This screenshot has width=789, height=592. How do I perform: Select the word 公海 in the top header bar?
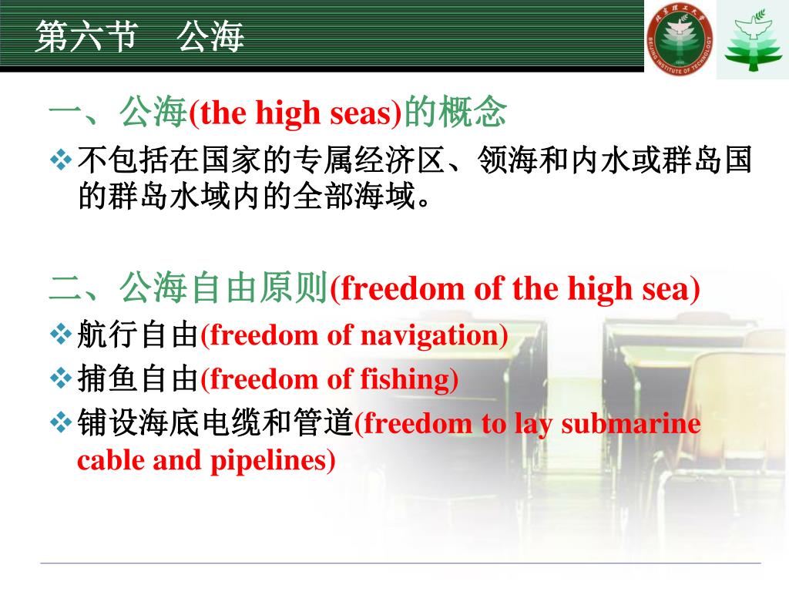pos(210,37)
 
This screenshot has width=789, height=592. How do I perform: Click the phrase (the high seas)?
pos(296,114)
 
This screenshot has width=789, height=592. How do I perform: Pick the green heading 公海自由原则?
pos(223,290)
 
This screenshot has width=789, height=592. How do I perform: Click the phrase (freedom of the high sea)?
pos(515,290)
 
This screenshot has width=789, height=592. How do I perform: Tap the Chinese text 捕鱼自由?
pos(138,379)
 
